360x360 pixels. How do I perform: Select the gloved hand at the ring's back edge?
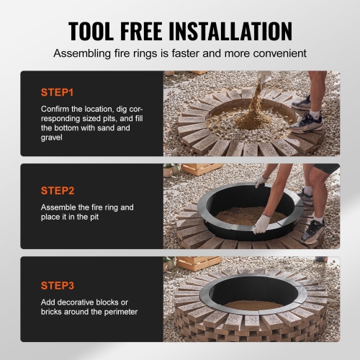260,182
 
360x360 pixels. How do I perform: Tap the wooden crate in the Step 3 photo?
199,263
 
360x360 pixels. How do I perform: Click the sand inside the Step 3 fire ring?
252,305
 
